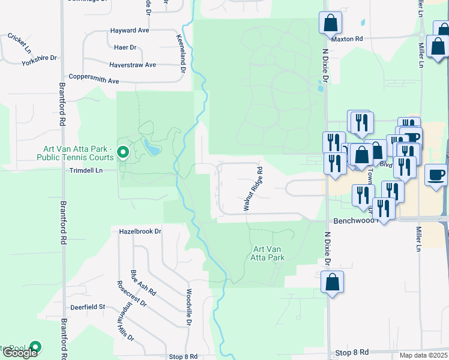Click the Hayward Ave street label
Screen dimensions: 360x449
click(129, 30)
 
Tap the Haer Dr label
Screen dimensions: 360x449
click(125, 47)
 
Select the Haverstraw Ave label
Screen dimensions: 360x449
click(132, 65)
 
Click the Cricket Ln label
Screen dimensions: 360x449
click(17, 42)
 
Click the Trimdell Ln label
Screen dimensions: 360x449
click(86, 170)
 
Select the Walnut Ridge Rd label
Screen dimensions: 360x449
click(253, 188)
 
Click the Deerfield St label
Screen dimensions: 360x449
click(88, 307)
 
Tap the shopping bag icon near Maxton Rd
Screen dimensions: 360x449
click(330, 23)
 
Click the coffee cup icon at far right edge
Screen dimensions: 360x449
click(436, 175)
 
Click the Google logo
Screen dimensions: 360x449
click(20, 353)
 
